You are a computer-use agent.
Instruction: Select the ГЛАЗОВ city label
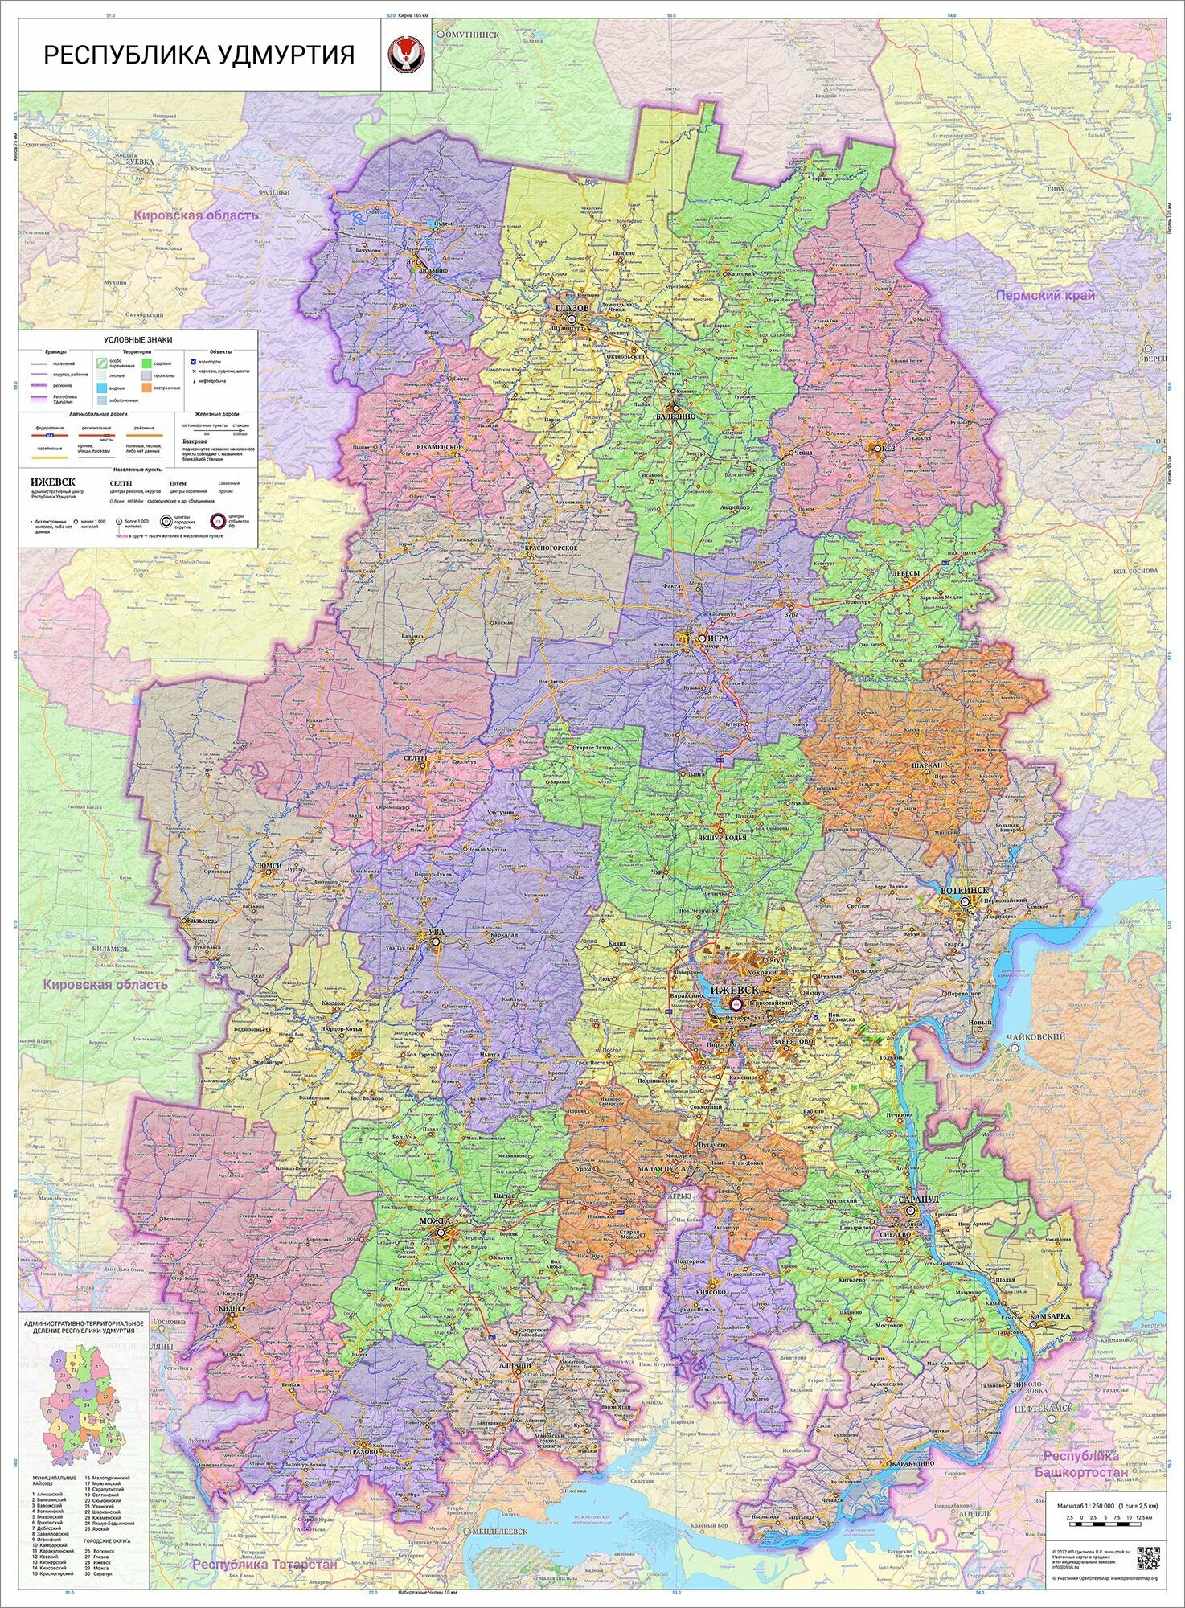[x=572, y=309]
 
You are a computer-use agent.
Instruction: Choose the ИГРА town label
[x=718, y=638]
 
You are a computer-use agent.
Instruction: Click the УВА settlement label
[x=437, y=932]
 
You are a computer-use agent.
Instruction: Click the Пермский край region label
[x=1045, y=295]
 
